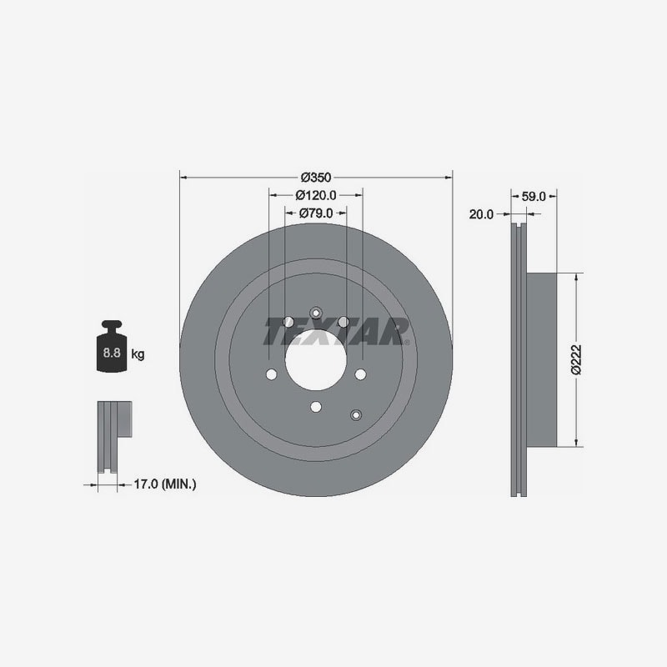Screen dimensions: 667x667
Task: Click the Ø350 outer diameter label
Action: coord(316,177)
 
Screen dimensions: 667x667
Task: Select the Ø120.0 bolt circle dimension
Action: coord(316,195)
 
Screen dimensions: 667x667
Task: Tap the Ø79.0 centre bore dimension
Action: coord(316,213)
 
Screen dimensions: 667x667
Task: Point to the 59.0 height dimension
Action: coord(534,197)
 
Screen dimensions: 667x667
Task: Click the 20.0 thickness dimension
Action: coord(481,214)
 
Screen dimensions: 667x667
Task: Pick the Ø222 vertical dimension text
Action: coord(576,360)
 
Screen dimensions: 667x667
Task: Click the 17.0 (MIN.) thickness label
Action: coord(165,484)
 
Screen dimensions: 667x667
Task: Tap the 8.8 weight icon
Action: coord(112,347)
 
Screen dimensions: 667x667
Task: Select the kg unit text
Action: coord(138,354)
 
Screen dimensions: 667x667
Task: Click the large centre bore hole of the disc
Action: coord(316,360)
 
